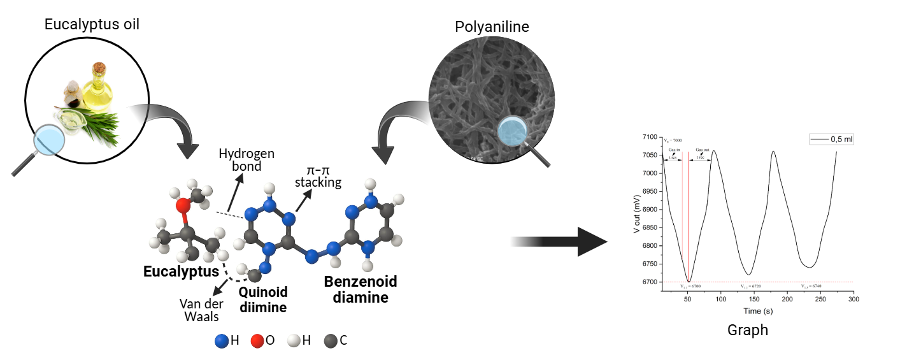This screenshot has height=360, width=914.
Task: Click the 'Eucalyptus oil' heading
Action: click(x=92, y=25)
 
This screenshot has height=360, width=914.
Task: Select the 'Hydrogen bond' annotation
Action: click(x=246, y=160)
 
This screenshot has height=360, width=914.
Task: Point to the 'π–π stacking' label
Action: click(x=322, y=176)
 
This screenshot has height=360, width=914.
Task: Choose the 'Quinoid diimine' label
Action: click(x=263, y=299)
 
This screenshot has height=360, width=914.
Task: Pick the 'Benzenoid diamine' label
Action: click(x=361, y=289)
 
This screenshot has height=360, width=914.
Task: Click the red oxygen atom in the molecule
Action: click(x=183, y=205)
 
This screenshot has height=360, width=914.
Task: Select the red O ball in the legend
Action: click(x=257, y=340)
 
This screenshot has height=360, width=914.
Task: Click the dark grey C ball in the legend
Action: click(x=331, y=340)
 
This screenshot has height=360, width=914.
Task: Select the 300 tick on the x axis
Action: click(x=853, y=299)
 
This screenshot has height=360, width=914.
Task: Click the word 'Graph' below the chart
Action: click(x=748, y=330)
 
